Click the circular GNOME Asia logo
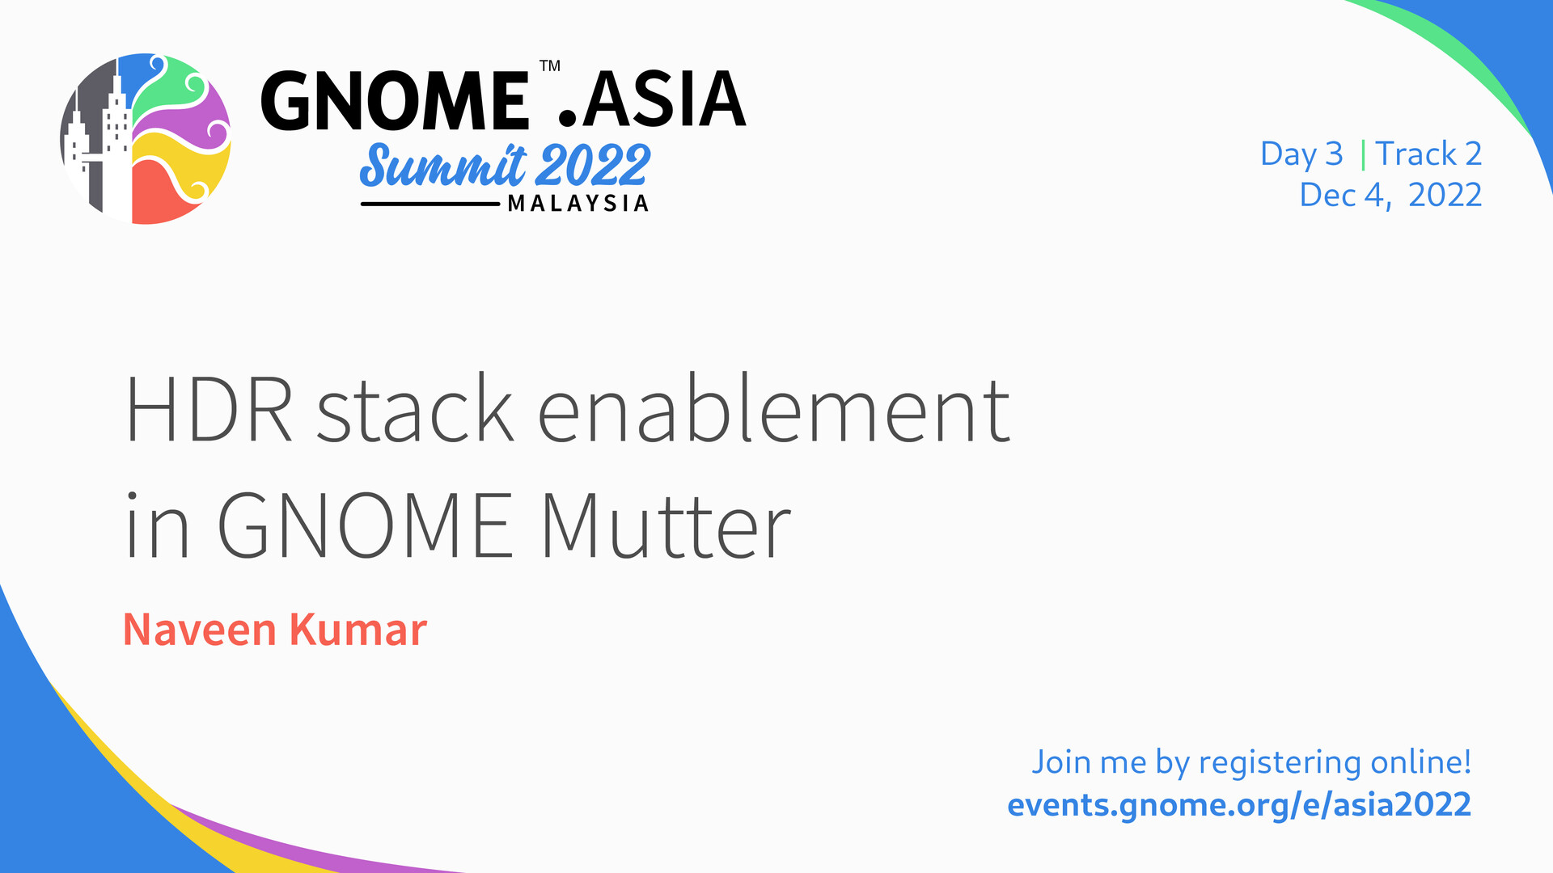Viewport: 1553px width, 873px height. click(x=146, y=139)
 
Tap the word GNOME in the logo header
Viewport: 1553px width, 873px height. click(x=395, y=101)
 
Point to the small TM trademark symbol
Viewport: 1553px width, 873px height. click(x=550, y=65)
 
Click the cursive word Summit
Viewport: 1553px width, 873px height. click(x=443, y=165)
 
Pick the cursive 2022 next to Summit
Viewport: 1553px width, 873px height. click(x=593, y=166)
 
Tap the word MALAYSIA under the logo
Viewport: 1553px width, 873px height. click(x=578, y=204)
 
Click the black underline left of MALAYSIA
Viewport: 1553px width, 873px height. click(x=430, y=205)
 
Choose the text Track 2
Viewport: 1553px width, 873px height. click(x=1428, y=154)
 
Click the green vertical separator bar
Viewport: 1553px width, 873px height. click(x=1363, y=154)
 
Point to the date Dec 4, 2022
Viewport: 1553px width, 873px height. click(x=1390, y=195)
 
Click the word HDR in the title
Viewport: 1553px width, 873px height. click(x=209, y=409)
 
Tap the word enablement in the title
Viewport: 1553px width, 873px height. click(x=774, y=407)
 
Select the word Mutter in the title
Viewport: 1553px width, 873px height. click(x=666, y=525)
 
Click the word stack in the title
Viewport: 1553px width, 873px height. click(x=415, y=407)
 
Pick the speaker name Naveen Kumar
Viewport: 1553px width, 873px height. click(x=274, y=630)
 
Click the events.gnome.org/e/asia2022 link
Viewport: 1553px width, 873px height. click(x=1239, y=805)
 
